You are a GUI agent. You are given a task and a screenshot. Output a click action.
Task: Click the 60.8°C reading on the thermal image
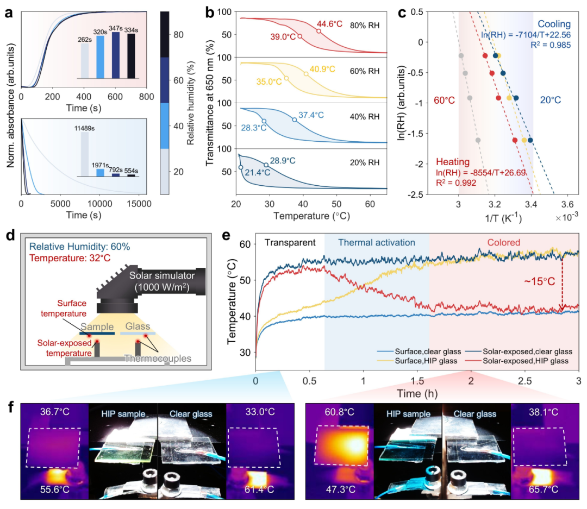pyautogui.click(x=334, y=413)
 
